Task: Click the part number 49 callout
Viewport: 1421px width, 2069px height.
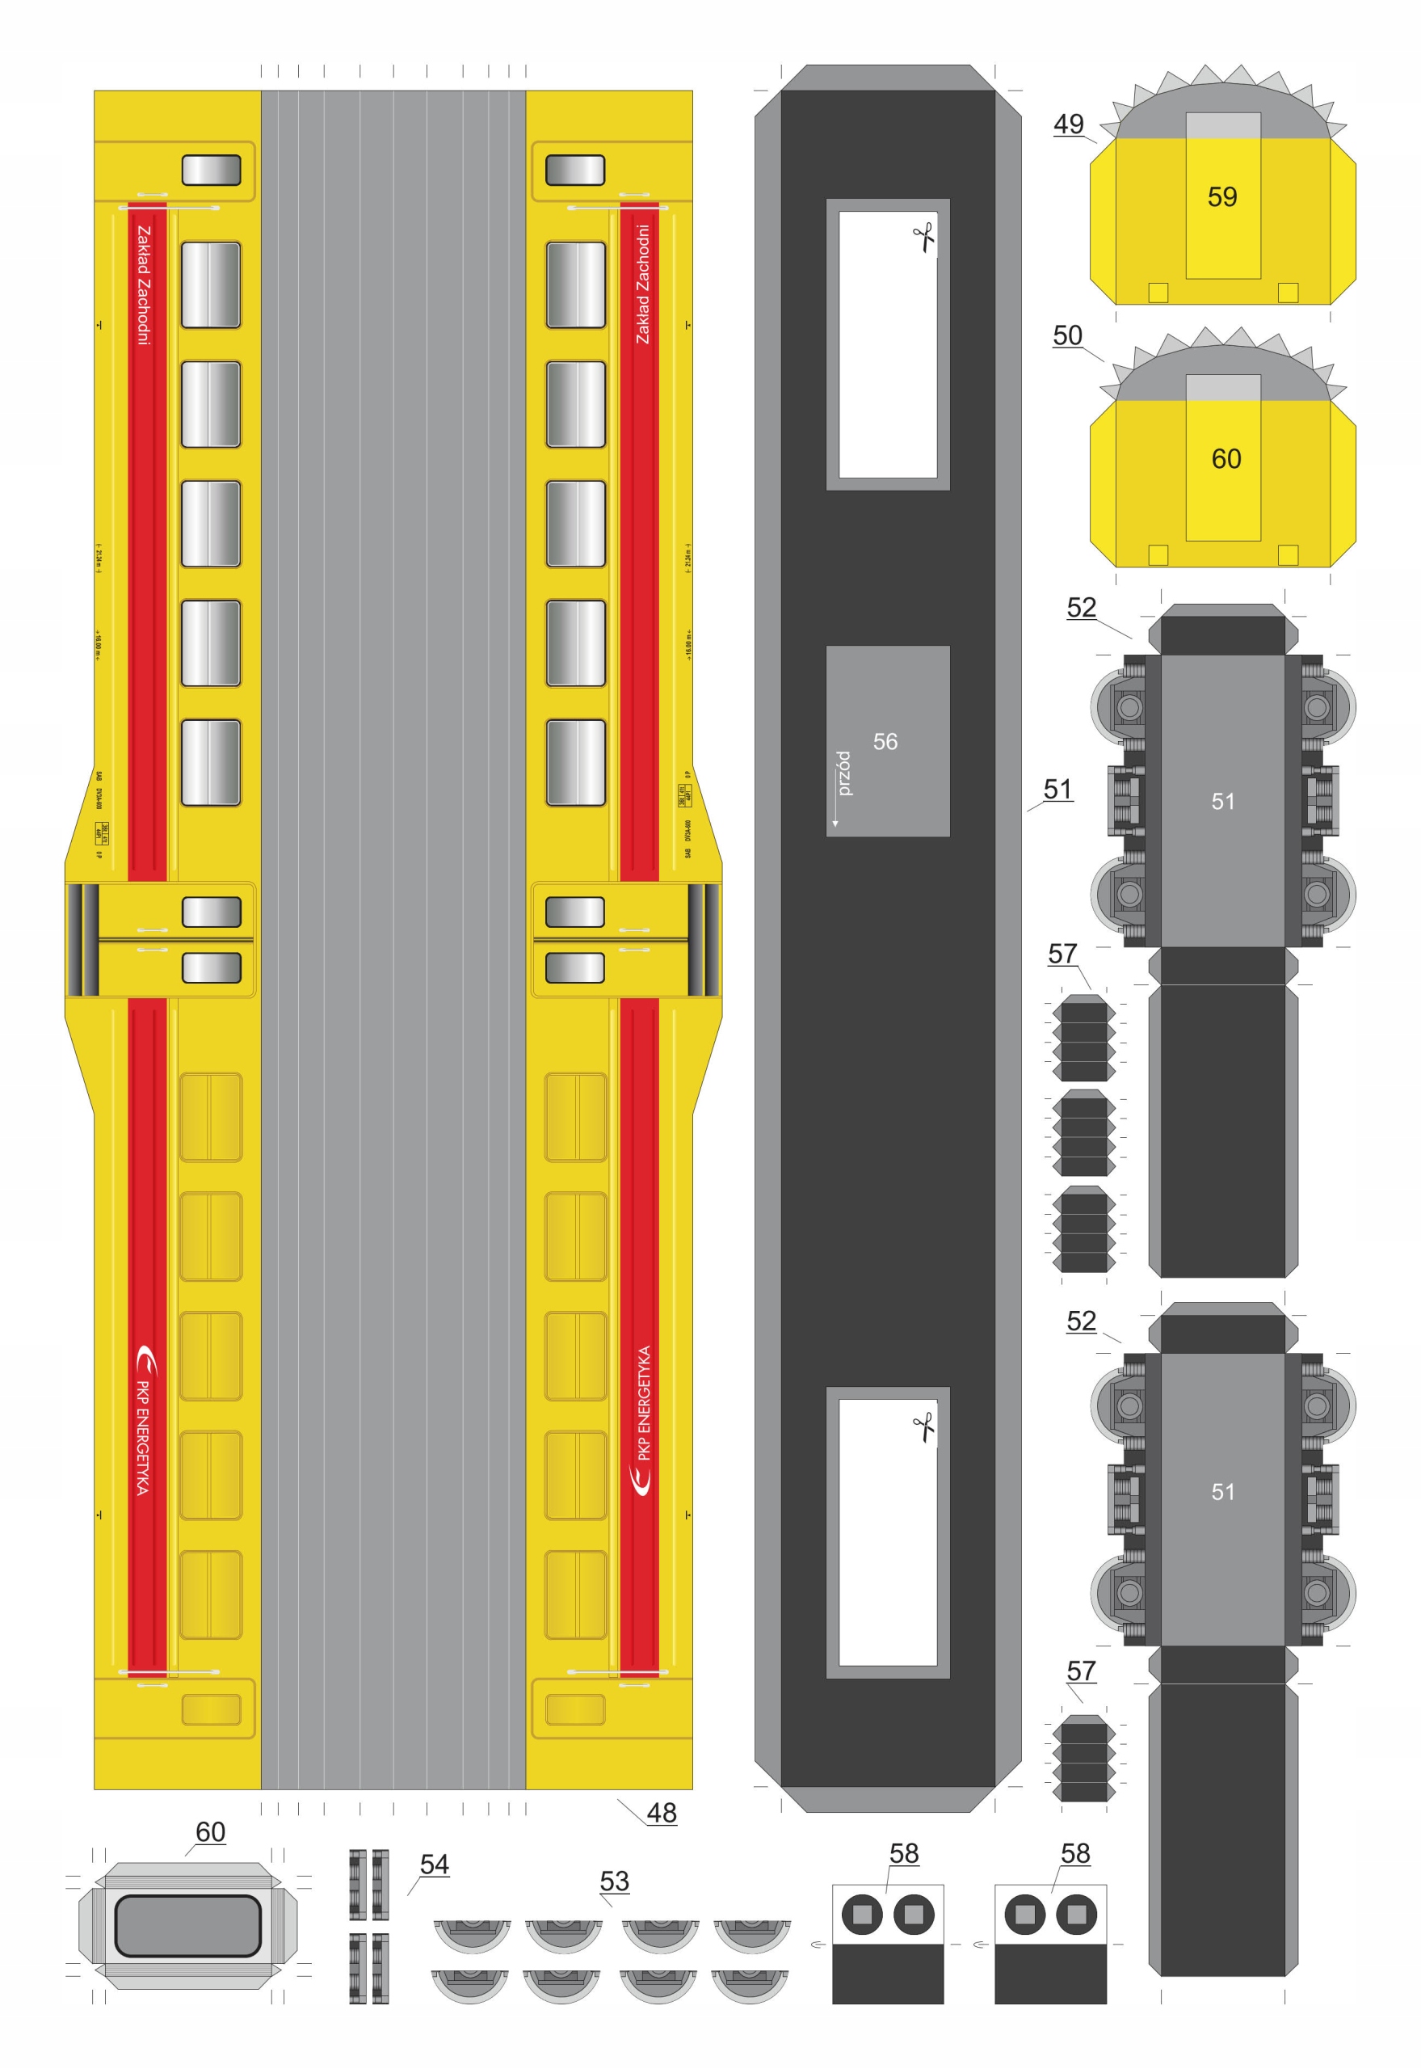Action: (1069, 124)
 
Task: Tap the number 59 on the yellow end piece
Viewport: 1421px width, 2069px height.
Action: (1222, 197)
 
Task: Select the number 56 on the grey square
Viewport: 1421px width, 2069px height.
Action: (885, 741)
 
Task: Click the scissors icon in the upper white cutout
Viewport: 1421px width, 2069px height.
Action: (924, 238)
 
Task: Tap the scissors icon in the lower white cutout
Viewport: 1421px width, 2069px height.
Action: (924, 1426)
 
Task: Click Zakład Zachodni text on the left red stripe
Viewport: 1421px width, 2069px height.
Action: (143, 285)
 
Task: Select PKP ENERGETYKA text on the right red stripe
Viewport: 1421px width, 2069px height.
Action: (644, 1402)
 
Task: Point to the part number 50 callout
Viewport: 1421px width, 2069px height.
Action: (1067, 335)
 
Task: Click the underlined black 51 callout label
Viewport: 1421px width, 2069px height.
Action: (1057, 789)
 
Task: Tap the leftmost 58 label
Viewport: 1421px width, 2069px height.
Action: (904, 1853)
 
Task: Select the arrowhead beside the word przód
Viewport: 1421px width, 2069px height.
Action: (835, 823)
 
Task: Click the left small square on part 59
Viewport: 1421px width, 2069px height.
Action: (1158, 292)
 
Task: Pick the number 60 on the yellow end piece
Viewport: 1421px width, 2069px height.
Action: (1226, 459)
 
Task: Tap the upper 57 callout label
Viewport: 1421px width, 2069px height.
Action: (1062, 954)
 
